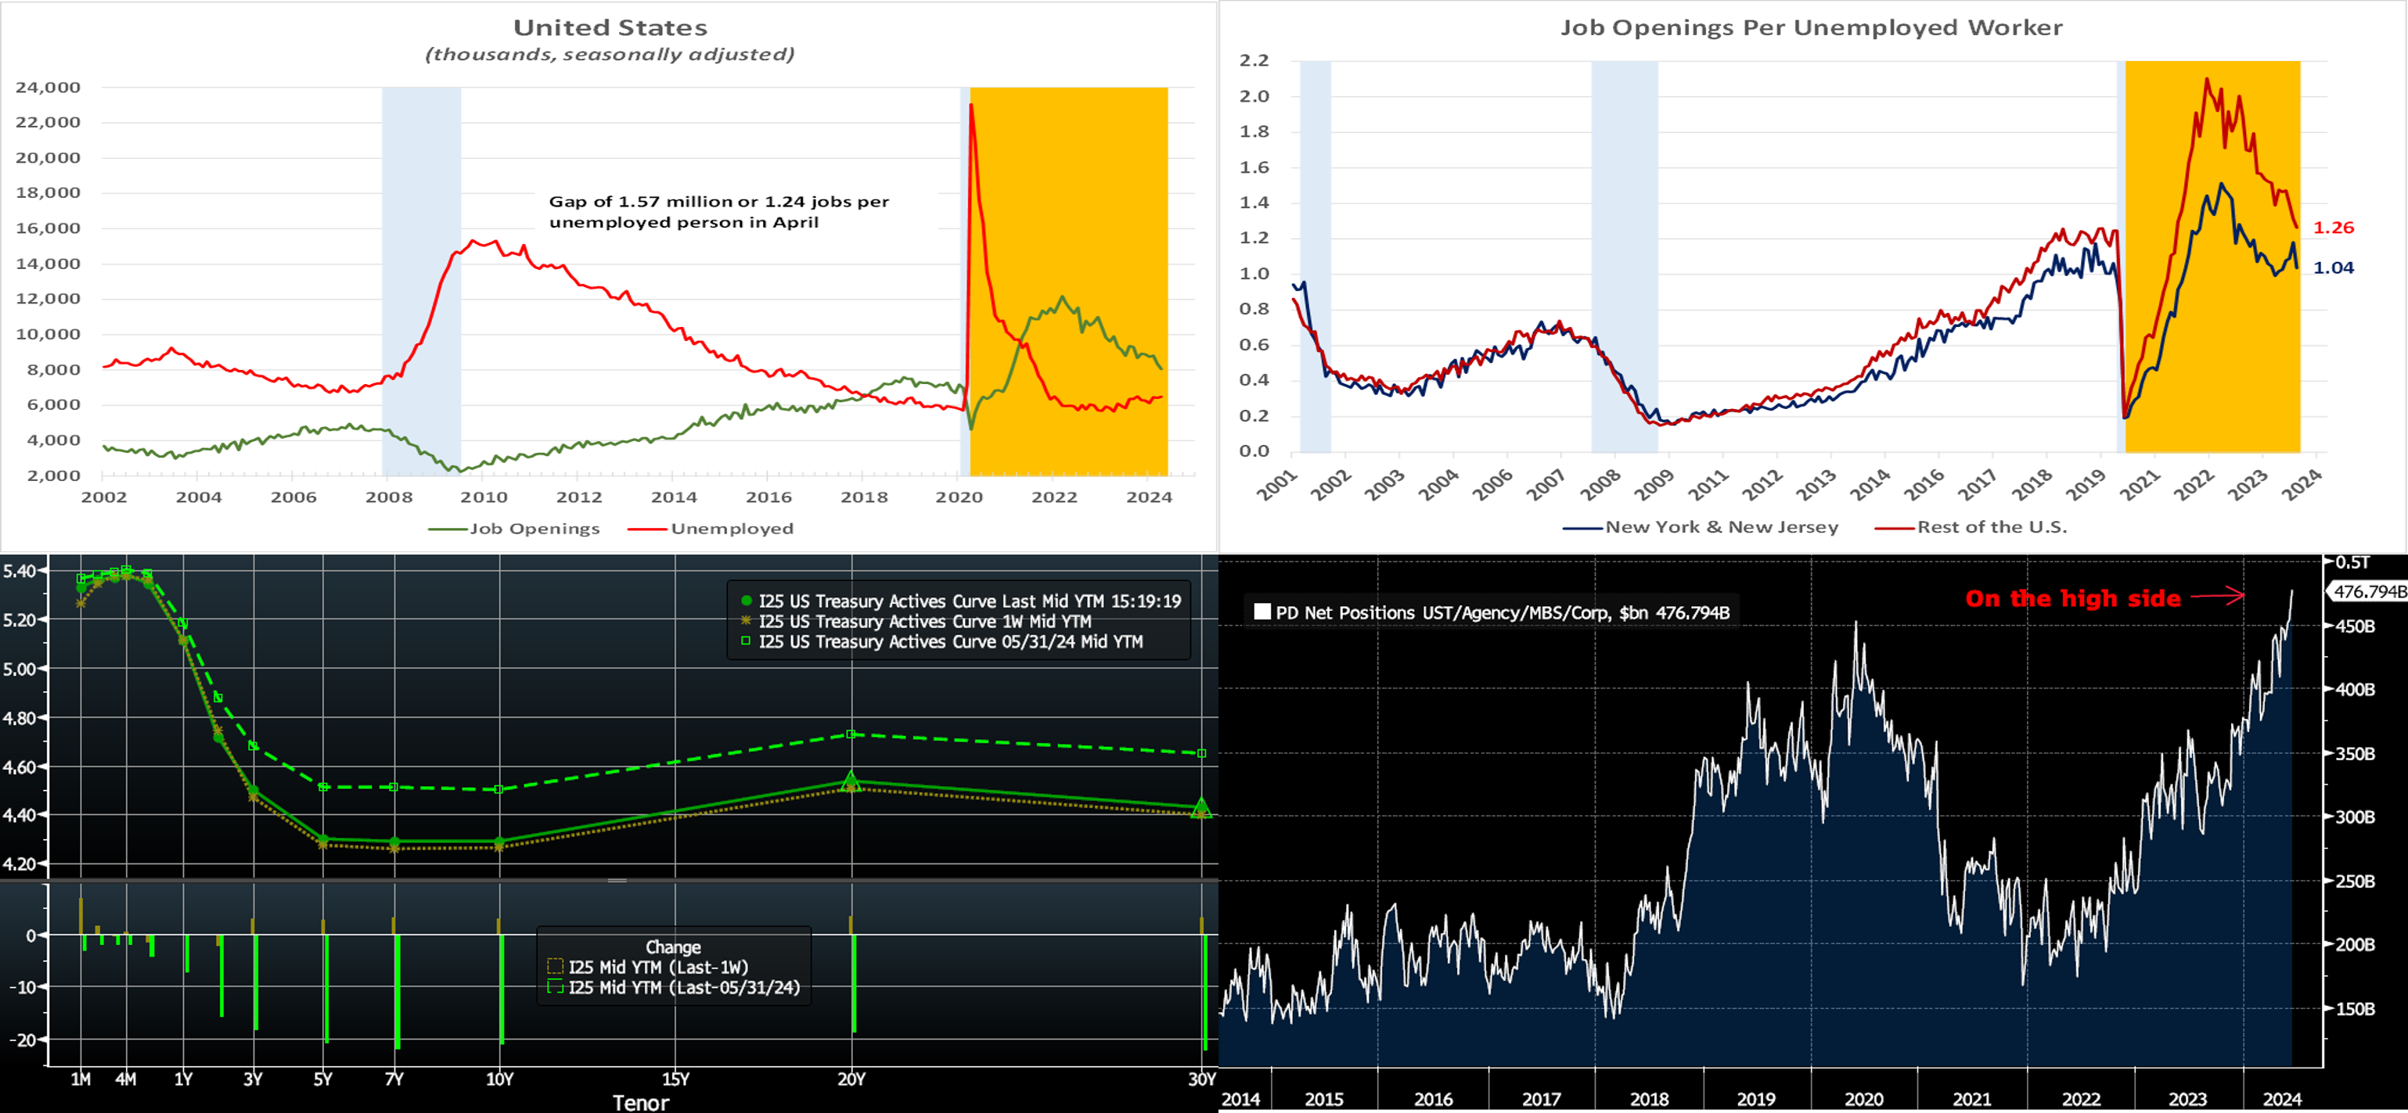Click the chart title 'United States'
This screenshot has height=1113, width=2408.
click(610, 28)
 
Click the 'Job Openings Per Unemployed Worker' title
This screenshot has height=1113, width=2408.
click(1811, 28)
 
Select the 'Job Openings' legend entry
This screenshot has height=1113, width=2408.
click(534, 529)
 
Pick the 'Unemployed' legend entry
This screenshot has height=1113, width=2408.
click(731, 529)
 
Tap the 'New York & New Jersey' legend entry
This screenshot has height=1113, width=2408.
click(1721, 527)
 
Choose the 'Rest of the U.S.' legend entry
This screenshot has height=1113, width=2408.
click(1991, 527)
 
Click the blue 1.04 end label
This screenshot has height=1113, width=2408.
click(2333, 268)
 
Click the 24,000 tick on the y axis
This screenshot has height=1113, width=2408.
click(48, 88)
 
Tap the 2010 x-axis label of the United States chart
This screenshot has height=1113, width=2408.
click(484, 497)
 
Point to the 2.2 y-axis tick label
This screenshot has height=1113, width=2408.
click(1254, 61)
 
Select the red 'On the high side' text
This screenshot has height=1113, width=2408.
click(2072, 598)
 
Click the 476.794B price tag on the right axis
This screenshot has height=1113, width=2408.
click(2369, 591)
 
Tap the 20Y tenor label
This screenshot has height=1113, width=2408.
click(851, 1079)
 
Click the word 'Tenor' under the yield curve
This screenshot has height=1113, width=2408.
click(640, 1103)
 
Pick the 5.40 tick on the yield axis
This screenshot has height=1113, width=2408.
click(20, 571)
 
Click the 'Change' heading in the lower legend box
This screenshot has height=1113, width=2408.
click(673, 946)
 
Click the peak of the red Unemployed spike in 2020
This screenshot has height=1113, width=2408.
click(971, 105)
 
